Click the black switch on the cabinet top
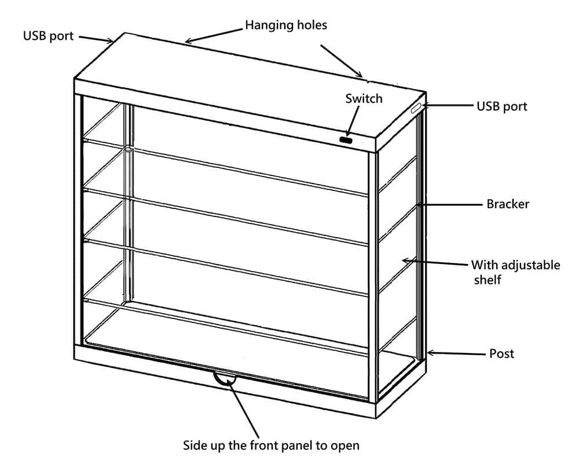coord(346,140)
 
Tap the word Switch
coord(364,98)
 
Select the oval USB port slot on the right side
coord(417,109)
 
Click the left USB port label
coord(48,36)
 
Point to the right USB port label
coord(501,106)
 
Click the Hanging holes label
coord(286,25)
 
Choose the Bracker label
coord(508,204)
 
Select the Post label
coord(501,353)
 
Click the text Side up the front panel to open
coord(271,446)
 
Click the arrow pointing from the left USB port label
coord(96,39)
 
